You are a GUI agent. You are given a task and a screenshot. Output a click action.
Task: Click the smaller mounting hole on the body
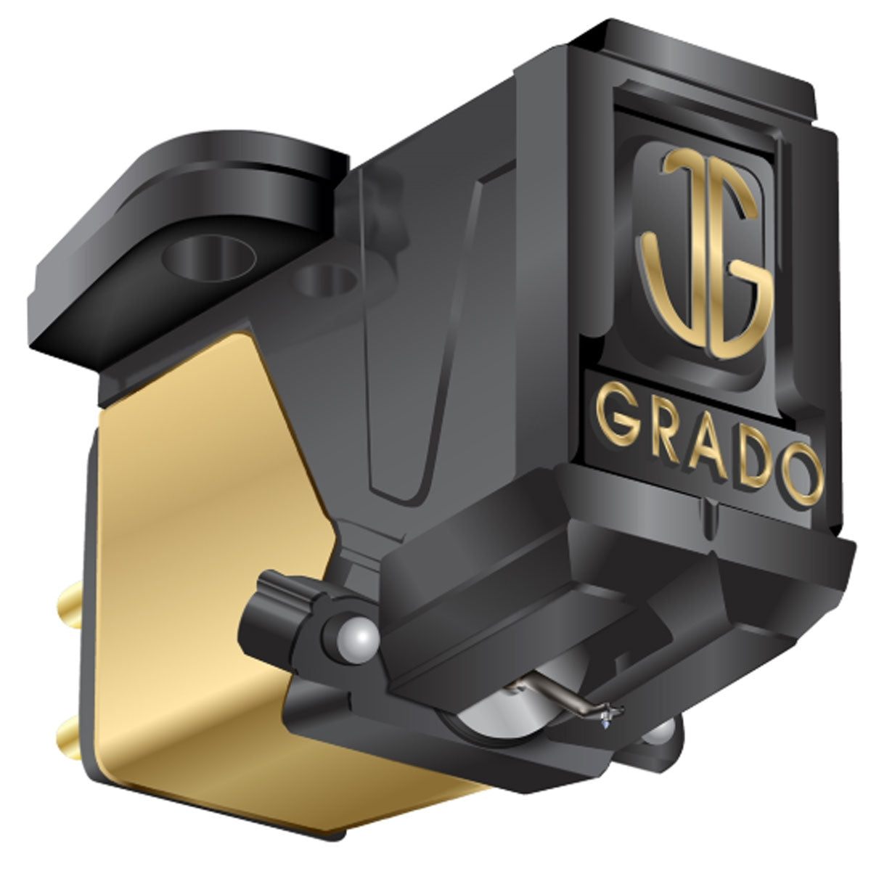(327, 277)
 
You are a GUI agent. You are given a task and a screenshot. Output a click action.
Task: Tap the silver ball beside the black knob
(358, 639)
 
